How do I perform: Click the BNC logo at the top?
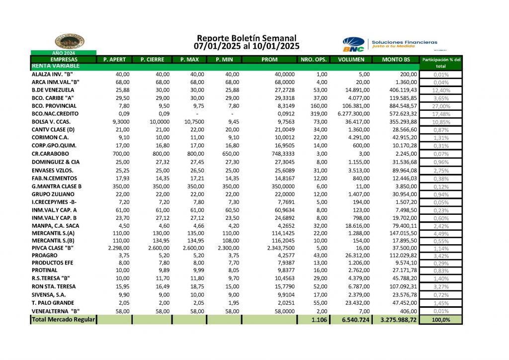pos(353,44)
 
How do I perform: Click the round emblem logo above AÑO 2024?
pos(70,42)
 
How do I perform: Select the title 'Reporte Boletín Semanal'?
pos(247,38)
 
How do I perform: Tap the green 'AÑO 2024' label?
pos(64,53)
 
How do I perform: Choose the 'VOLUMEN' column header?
pos(351,60)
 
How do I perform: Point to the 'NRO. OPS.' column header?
pos(314,60)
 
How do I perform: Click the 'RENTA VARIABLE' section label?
pos(55,66)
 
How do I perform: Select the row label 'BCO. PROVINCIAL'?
pos(54,106)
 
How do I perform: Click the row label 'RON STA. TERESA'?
pos(53,287)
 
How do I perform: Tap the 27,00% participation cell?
pos(441,106)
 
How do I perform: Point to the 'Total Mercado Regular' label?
pos(63,320)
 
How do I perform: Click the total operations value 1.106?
pos(319,320)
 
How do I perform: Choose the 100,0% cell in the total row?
pos(441,320)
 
